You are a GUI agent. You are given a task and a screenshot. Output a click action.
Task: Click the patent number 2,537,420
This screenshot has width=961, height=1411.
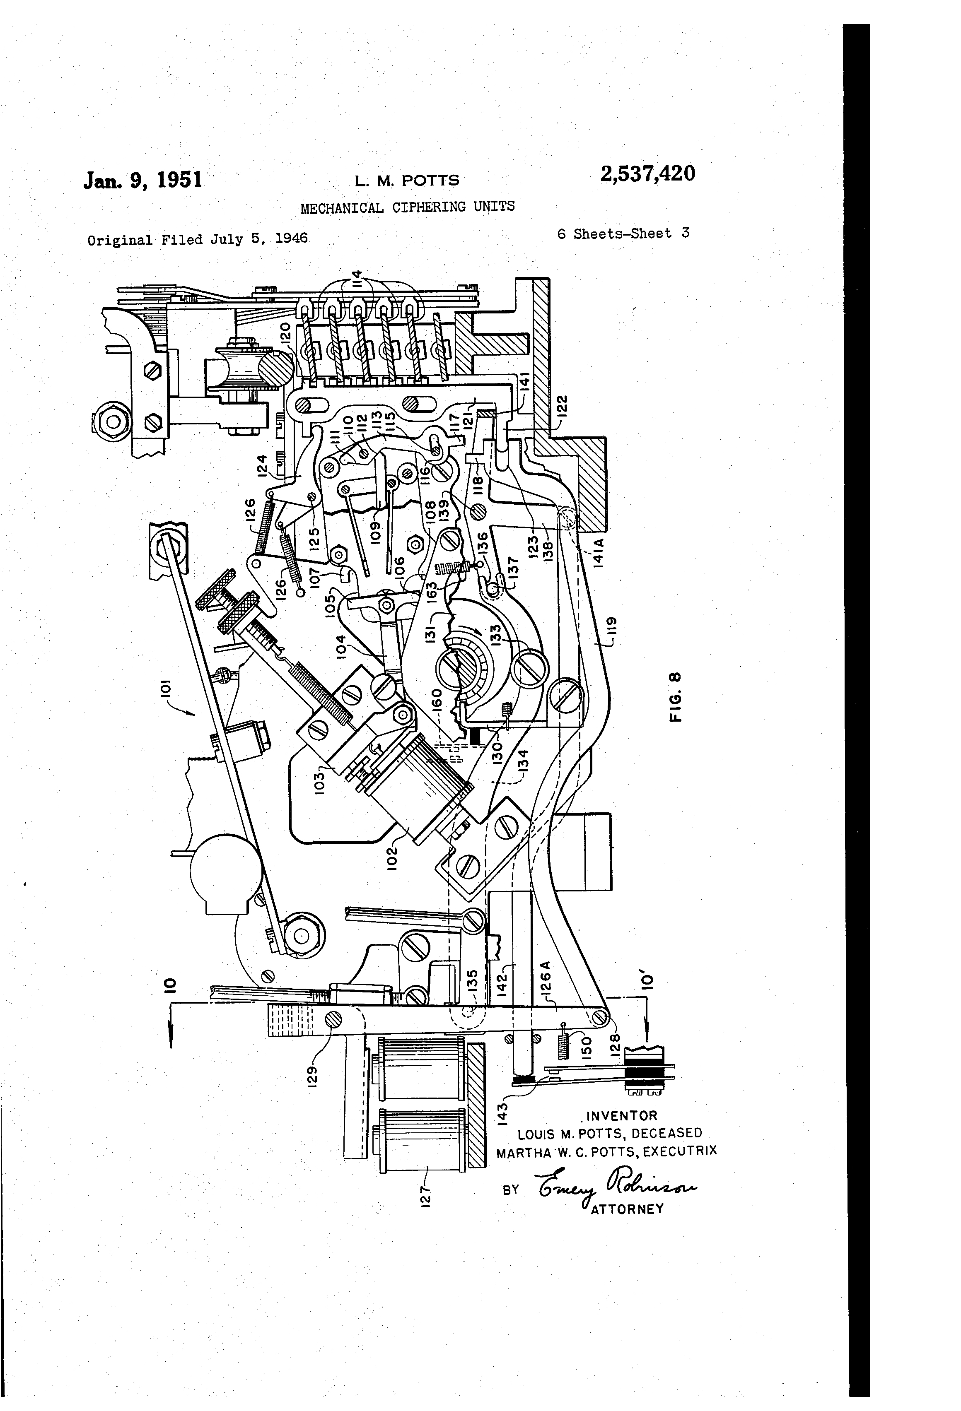[x=647, y=174]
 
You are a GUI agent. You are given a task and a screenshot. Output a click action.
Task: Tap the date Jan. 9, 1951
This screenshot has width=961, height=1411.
[x=143, y=181]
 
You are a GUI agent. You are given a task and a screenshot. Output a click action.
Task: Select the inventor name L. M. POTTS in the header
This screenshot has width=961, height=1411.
[x=407, y=181]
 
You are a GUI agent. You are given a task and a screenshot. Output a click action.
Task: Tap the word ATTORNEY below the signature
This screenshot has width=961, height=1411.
[x=627, y=1208]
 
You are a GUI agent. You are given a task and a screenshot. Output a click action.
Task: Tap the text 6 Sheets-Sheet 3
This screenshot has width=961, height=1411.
[x=623, y=234]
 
